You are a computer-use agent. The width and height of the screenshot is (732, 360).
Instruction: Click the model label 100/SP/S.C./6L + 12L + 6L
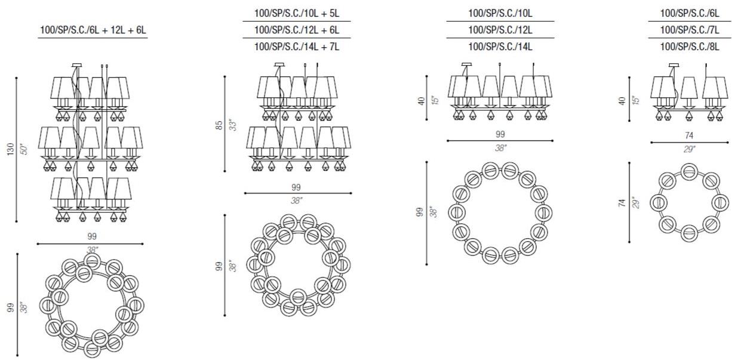point(93,30)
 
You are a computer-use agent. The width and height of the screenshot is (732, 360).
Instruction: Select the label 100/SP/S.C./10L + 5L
point(297,13)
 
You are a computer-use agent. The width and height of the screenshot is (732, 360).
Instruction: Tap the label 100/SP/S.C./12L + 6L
point(297,30)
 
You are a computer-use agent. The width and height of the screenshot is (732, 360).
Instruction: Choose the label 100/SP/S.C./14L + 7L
point(297,47)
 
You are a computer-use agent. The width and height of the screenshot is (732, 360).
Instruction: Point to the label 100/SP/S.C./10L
point(500,13)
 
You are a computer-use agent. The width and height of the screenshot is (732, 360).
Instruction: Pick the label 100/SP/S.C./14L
point(500,47)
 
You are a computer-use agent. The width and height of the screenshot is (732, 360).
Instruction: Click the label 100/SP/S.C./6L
point(690,13)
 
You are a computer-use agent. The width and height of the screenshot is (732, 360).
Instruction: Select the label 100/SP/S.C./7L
point(690,30)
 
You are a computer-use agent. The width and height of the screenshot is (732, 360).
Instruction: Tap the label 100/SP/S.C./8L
point(690,47)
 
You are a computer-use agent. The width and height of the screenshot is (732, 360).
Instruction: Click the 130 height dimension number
point(11,149)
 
